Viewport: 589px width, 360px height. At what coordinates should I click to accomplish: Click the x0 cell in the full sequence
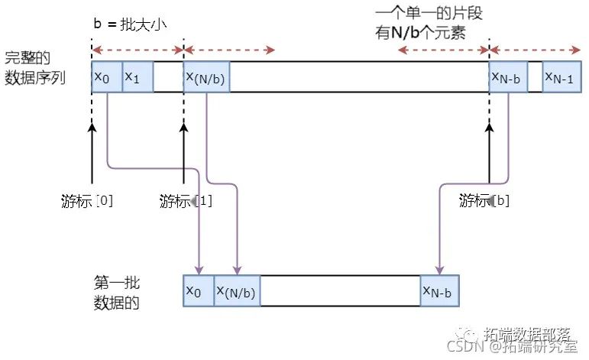click(x=106, y=77)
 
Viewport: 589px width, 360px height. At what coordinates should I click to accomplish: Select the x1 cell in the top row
click(x=138, y=77)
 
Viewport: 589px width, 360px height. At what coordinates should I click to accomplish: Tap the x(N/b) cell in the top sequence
click(x=206, y=77)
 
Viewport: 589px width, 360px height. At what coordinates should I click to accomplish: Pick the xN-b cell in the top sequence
click(x=507, y=77)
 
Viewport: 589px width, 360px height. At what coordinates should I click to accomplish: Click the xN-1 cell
click(x=563, y=77)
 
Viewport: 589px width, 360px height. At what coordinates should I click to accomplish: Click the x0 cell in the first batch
click(x=199, y=290)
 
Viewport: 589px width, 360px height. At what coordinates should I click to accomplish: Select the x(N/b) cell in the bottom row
click(x=237, y=290)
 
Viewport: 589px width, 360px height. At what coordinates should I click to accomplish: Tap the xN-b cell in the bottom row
click(x=439, y=290)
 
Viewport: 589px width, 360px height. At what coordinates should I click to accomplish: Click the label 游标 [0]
click(x=88, y=201)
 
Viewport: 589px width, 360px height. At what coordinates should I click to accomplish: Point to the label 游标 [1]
click(x=186, y=201)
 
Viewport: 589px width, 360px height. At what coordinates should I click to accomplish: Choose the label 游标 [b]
click(x=485, y=201)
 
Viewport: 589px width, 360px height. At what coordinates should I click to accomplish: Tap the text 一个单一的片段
click(x=429, y=15)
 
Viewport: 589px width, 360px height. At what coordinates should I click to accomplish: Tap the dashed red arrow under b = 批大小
click(x=138, y=50)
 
